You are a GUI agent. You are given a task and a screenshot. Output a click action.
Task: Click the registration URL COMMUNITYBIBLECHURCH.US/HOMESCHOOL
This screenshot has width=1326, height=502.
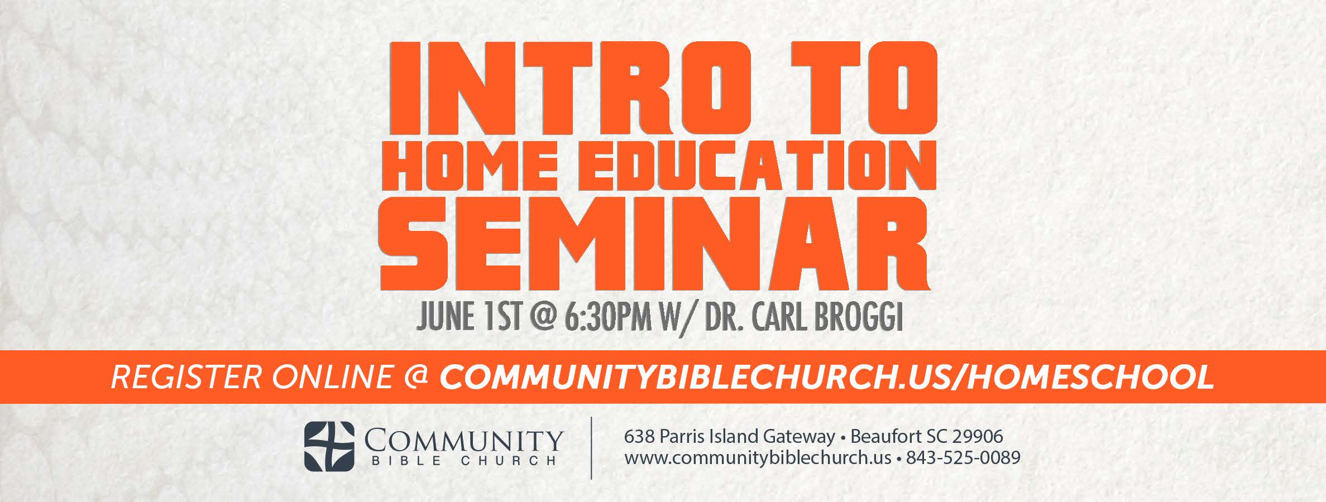point(826,378)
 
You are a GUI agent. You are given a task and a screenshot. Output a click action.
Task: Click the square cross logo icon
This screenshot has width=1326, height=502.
point(329,447)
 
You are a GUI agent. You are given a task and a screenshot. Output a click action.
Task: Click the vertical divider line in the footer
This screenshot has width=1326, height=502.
point(591,447)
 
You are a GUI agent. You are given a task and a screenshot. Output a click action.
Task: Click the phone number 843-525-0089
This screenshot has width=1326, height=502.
point(963,458)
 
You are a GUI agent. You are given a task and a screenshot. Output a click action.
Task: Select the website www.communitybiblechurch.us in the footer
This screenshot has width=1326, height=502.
point(758,458)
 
